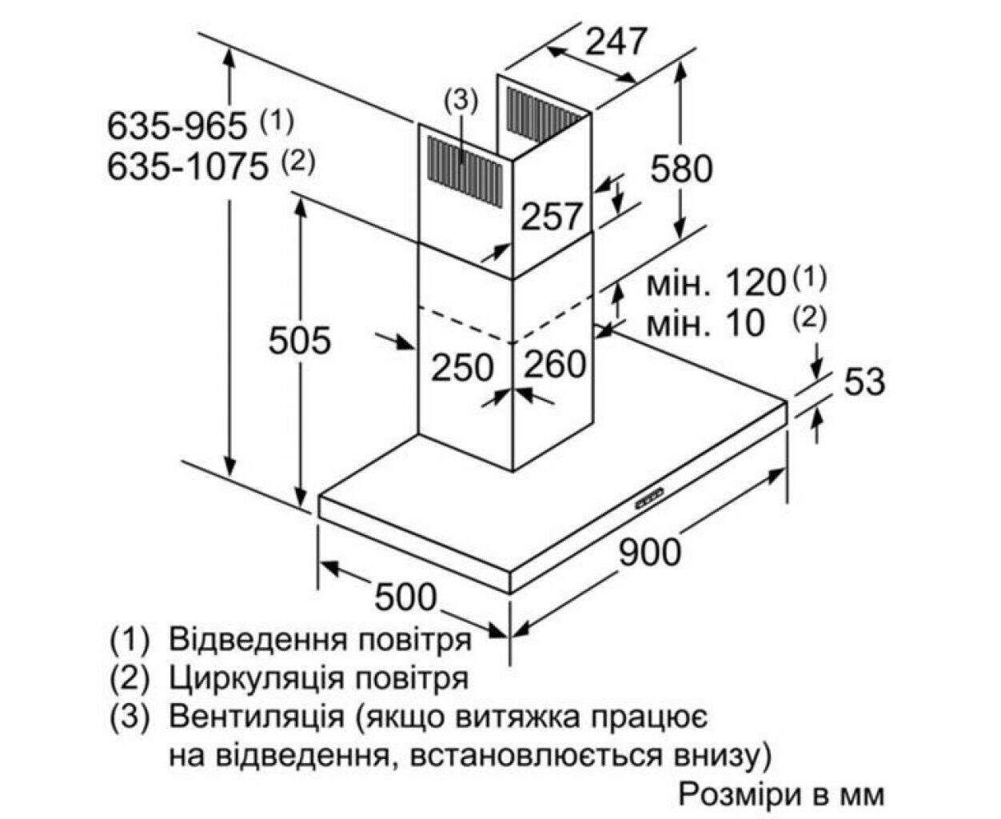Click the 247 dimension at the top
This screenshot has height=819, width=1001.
point(616,41)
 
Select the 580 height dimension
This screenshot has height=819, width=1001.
point(681,169)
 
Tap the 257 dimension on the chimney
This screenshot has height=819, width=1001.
point(551,217)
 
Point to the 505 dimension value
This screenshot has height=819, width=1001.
point(300,340)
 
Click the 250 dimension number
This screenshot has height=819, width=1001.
point(462,367)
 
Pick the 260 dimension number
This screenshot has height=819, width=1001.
point(555,364)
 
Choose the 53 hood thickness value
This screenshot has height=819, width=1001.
point(864,382)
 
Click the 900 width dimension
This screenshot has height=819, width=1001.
point(650,552)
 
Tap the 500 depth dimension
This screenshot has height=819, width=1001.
point(405,597)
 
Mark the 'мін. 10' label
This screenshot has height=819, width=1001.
point(705,324)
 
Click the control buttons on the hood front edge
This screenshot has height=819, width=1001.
point(650,501)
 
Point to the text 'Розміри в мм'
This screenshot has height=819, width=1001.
point(782,794)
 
